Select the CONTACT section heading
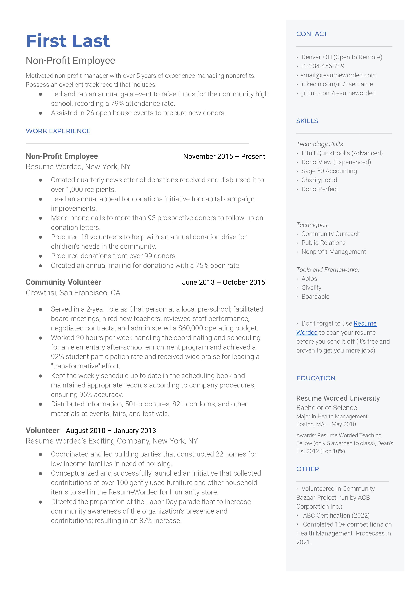point(312,34)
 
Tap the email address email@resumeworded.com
point(338,75)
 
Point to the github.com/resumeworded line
point(337,93)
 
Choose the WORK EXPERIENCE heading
point(58,131)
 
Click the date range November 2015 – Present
point(224,157)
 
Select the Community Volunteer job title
point(63,282)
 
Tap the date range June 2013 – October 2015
point(223,282)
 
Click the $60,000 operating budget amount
point(190,328)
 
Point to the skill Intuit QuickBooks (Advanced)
point(342,153)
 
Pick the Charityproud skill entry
point(319,180)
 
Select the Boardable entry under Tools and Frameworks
point(315,297)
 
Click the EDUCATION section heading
point(316,378)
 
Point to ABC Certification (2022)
point(336,515)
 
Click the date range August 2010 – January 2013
point(111,431)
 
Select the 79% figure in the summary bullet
point(117,104)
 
